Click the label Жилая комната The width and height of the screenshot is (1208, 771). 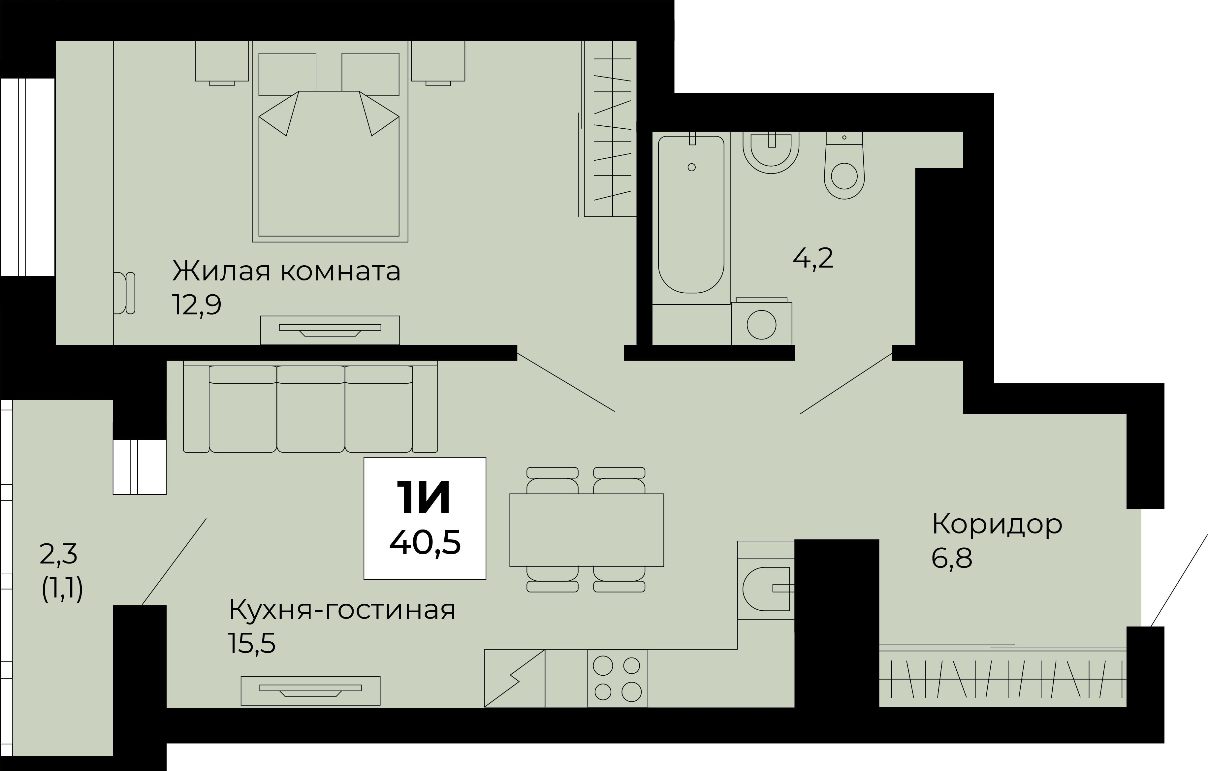286,272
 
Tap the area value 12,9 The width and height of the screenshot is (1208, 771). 196,305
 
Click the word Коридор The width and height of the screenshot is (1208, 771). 997,524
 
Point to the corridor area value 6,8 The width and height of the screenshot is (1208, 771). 952,558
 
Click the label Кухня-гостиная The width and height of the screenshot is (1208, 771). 342,610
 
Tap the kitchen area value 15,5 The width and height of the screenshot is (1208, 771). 251,644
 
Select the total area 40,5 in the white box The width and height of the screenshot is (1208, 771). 425,543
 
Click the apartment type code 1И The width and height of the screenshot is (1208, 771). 424,497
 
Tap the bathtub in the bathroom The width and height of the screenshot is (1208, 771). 691,216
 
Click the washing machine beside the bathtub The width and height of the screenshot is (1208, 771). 762,324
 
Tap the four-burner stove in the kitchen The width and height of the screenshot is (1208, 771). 617,678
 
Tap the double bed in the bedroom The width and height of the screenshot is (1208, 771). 329,166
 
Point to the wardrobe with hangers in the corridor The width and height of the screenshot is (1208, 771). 1002,678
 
